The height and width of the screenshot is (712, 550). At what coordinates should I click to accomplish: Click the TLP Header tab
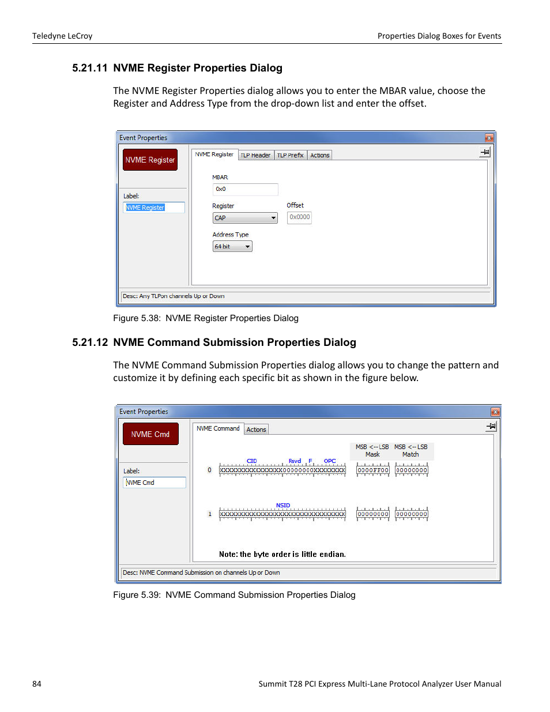click(255, 155)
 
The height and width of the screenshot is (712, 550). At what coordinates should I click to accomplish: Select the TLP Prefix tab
click(290, 155)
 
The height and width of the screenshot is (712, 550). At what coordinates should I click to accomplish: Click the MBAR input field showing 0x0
click(245, 189)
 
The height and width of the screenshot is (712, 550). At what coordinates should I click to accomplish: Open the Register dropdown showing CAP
click(245, 218)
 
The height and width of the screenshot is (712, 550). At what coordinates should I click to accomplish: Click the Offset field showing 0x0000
click(299, 217)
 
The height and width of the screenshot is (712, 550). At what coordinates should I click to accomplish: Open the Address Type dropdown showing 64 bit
click(232, 247)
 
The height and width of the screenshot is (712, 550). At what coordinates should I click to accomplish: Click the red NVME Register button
click(150, 160)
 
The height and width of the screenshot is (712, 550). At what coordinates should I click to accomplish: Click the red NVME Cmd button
click(150, 434)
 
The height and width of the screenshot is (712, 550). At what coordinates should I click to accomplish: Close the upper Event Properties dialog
click(489, 138)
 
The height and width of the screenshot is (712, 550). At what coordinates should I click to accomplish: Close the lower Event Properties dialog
click(495, 412)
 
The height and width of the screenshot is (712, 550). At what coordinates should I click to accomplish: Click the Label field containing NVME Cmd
click(155, 483)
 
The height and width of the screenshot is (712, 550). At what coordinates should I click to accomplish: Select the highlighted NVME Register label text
click(145, 208)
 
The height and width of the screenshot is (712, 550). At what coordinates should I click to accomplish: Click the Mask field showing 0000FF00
click(373, 470)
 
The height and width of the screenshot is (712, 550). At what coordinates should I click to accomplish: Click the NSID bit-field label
click(282, 506)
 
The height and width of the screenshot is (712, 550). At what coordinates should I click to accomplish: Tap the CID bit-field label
click(251, 461)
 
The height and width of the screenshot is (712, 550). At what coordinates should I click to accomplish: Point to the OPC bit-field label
click(330, 461)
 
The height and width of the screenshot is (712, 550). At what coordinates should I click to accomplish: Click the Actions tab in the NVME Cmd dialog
click(256, 430)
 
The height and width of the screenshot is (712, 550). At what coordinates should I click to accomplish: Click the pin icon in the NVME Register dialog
click(485, 152)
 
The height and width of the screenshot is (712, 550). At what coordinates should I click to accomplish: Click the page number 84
click(37, 684)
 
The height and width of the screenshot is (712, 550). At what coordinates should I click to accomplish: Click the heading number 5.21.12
click(90, 342)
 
